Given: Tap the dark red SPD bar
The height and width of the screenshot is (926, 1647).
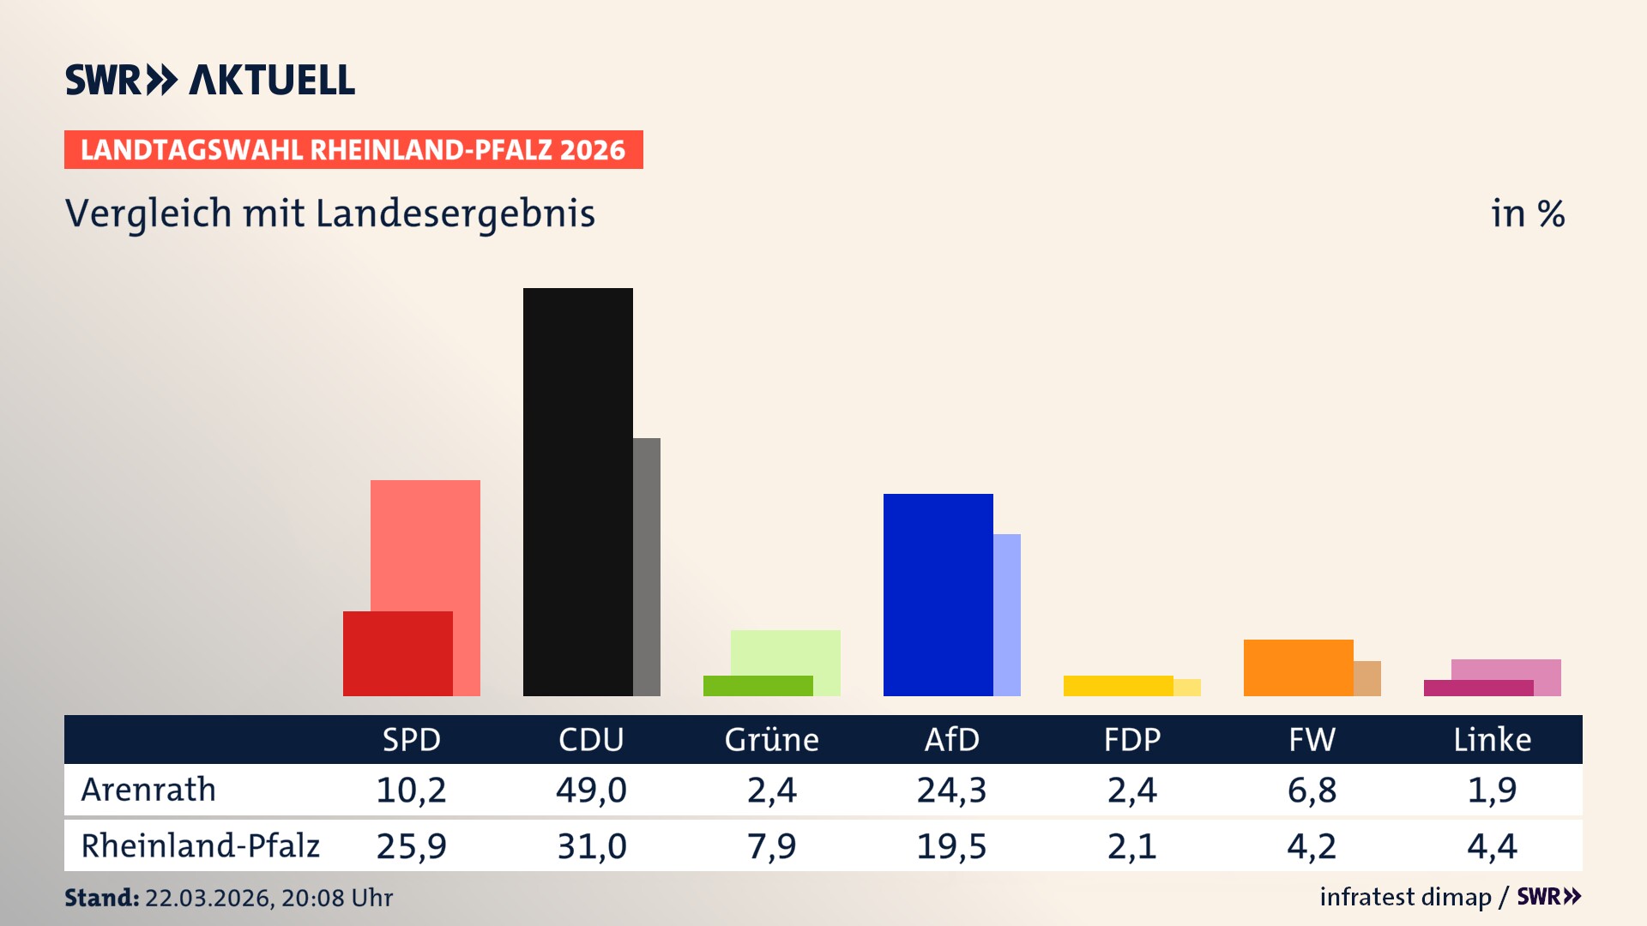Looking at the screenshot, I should [397, 653].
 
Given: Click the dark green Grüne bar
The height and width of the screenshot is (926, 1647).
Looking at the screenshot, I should [757, 686].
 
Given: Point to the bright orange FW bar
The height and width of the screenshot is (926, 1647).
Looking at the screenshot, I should [1298, 667].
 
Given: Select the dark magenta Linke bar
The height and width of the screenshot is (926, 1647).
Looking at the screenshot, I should [1478, 688].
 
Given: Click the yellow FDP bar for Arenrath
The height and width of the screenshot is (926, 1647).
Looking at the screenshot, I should [1118, 686].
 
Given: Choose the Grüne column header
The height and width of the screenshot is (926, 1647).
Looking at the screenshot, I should [771, 739].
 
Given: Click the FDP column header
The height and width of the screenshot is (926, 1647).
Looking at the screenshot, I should [1131, 739].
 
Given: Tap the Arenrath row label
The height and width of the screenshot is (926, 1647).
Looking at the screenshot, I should [148, 790].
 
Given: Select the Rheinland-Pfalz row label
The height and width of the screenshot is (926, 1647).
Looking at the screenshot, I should [200, 846].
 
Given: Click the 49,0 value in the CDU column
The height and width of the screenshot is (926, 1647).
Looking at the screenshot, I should [591, 790].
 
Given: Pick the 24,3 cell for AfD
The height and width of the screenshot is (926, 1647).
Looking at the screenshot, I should [951, 790].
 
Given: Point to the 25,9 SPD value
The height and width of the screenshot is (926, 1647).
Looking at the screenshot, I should [411, 846].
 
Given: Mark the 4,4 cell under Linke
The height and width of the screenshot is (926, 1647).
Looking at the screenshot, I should [1492, 846].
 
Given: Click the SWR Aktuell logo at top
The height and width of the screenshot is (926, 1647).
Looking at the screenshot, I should [210, 80].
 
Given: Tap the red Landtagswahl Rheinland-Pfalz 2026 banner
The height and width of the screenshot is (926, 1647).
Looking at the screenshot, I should [353, 150].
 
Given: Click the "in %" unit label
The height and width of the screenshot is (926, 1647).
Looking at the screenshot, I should [1528, 213].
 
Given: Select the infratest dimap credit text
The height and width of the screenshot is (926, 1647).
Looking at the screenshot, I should [1405, 897].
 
